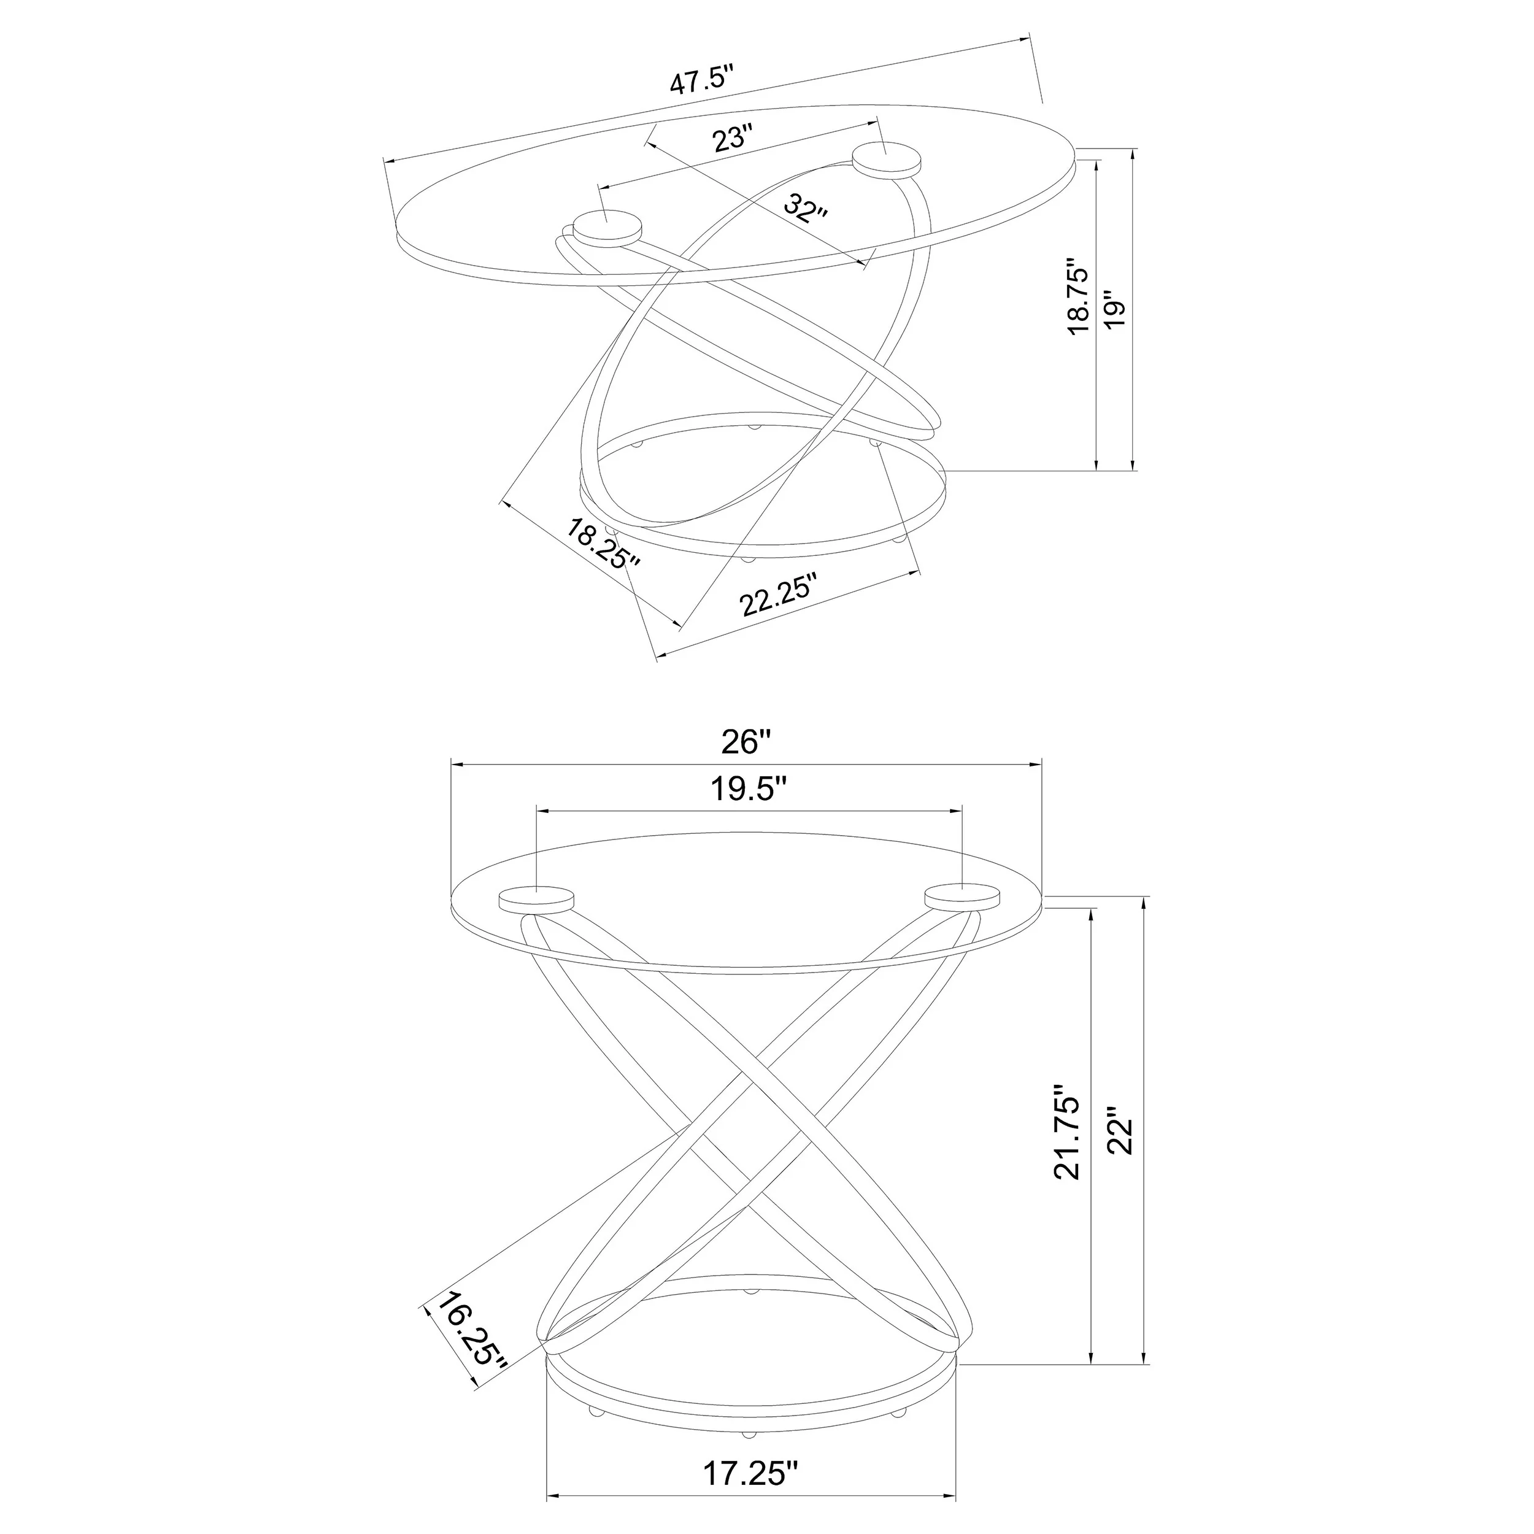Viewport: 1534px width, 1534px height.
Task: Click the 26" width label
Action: tap(746, 742)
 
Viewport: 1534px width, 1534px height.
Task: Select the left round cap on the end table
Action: tap(537, 899)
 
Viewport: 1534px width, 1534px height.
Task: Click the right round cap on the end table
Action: tap(962, 896)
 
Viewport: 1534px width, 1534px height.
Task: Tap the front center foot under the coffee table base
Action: tap(747, 559)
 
